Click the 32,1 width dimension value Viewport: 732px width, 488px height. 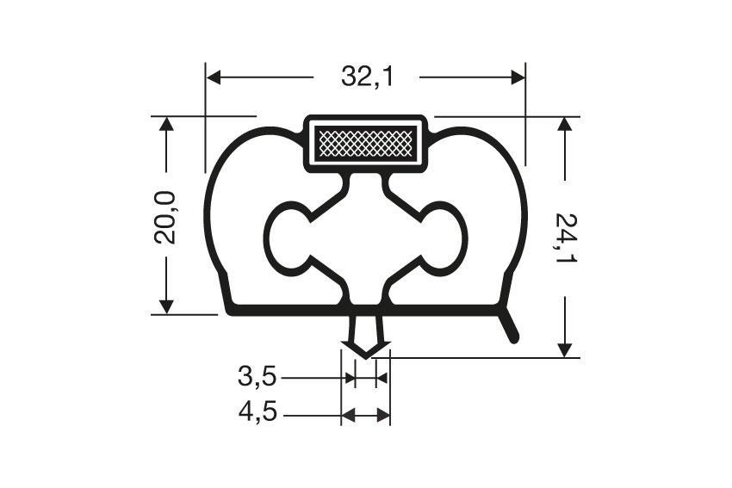[x=367, y=77]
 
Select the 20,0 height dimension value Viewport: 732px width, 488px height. [x=165, y=217]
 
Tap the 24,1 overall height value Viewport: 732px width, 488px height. [x=565, y=238]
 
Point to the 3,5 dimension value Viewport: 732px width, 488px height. [x=257, y=377]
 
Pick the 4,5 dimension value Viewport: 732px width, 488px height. [x=257, y=415]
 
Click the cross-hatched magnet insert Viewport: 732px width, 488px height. [x=366, y=143]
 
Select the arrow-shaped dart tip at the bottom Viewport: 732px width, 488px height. [x=366, y=348]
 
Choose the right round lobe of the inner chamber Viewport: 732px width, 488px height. [x=449, y=238]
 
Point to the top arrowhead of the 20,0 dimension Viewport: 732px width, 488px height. [x=166, y=124]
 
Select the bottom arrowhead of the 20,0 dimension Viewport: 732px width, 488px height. [x=166, y=306]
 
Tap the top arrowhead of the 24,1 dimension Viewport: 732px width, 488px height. [x=565, y=124]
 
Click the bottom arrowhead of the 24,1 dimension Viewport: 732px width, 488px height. [x=565, y=349]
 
